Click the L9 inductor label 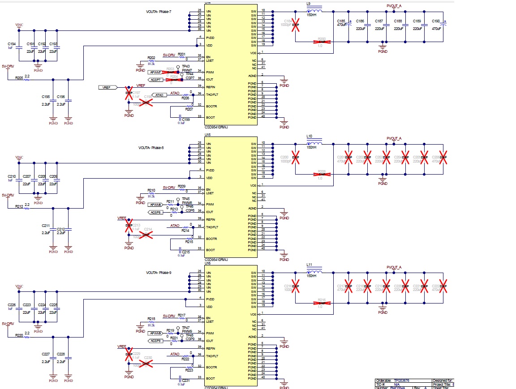(308, 4)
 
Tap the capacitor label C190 (435, 21)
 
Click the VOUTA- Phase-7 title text (159, 12)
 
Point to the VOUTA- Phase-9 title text (159, 273)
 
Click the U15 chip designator (208, 134)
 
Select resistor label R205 (19, 77)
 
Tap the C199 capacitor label (185, 120)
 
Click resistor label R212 (19, 206)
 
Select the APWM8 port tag (155, 205)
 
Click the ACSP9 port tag (155, 341)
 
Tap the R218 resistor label (151, 319)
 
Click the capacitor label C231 (185, 380)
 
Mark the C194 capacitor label (12, 44)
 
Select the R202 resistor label (151, 58)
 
